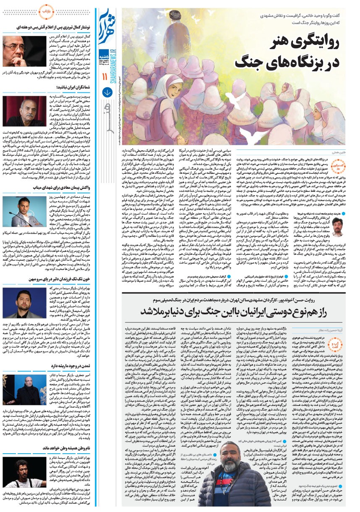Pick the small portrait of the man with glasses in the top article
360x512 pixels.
click(x=339, y=227)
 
